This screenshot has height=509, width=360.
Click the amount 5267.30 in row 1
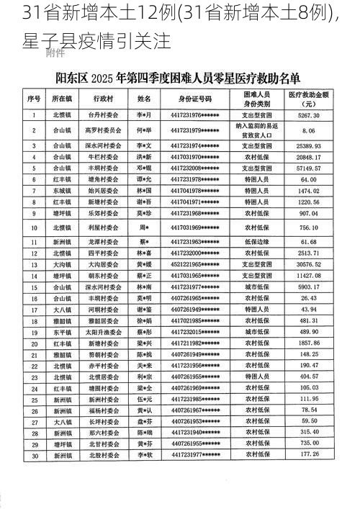pyautogui.click(x=309, y=115)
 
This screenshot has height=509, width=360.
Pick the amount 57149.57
pyautogui.click(x=309, y=168)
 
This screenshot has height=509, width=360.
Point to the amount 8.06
pyautogui.click(x=309, y=130)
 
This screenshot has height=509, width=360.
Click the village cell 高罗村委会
pyautogui.click(x=100, y=130)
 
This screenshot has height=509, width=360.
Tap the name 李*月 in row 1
pyautogui.click(x=144, y=115)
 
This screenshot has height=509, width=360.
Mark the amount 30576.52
pyautogui.click(x=309, y=264)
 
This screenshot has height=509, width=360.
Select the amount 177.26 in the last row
pyautogui.click(x=309, y=455)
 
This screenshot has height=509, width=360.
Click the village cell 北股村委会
pyautogui.click(x=100, y=455)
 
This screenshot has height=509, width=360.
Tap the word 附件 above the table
pyautogui.click(x=56, y=53)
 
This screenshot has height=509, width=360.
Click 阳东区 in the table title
pyautogui.click(x=63, y=76)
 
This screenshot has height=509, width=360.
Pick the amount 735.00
pyautogui.click(x=309, y=443)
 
